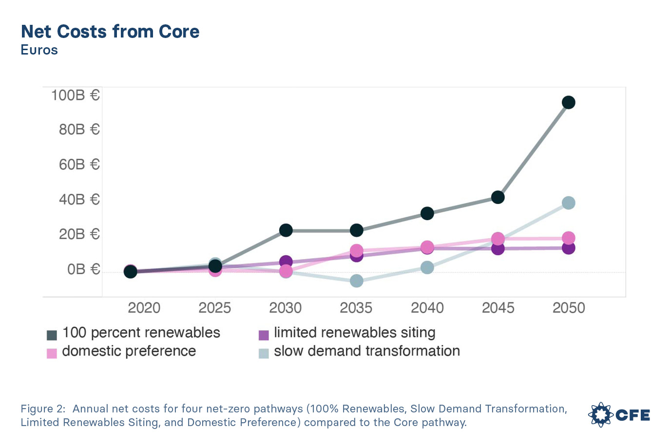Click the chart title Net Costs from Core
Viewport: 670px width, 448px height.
(110, 32)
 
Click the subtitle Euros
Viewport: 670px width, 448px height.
(39, 50)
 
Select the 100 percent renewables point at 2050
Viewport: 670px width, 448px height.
(568, 102)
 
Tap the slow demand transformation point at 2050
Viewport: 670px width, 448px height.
(568, 203)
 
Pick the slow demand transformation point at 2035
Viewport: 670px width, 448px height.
(357, 281)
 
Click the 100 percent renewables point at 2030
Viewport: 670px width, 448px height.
(286, 230)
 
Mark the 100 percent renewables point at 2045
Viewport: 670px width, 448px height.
(498, 197)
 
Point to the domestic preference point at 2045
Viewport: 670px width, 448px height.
(498, 239)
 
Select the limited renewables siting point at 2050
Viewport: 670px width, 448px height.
(568, 248)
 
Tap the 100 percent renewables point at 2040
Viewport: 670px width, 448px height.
(427, 213)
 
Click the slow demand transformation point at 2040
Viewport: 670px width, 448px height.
(427, 267)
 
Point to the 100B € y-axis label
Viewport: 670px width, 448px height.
(76, 95)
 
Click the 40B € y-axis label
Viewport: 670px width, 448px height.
(79, 200)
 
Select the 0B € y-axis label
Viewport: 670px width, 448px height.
(83, 269)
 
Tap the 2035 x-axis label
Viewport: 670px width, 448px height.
(356, 308)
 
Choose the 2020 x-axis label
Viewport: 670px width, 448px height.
(144, 308)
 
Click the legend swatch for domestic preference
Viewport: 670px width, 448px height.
(52, 353)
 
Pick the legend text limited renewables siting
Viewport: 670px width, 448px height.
(354, 333)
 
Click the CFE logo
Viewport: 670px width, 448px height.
(619, 415)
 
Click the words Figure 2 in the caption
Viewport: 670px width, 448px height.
(42, 409)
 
